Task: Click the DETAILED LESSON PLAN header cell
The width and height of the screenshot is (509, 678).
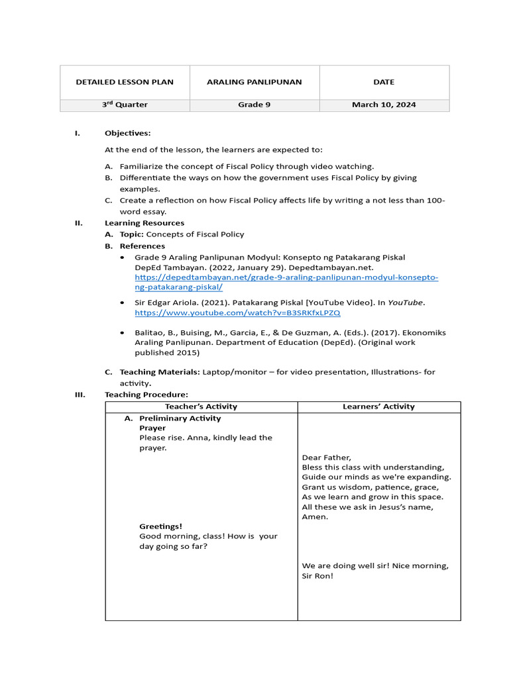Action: point(125,82)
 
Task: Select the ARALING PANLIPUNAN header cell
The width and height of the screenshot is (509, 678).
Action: point(254,82)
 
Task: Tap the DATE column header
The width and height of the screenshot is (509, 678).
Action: point(384,82)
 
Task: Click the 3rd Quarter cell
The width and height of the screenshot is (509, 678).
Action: point(125,105)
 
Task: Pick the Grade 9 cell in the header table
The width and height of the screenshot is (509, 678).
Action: point(254,105)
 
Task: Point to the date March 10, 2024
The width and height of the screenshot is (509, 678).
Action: point(384,105)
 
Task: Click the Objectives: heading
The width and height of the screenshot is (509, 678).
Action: point(127,133)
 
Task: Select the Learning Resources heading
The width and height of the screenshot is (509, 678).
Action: point(144,223)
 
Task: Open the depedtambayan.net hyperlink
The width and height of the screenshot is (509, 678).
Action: point(286,282)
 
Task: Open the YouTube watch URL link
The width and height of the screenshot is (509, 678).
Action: point(237,313)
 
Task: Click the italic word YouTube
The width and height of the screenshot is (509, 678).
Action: point(405,303)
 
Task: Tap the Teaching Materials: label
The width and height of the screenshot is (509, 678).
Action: point(160,372)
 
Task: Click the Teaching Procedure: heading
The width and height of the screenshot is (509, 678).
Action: point(146,395)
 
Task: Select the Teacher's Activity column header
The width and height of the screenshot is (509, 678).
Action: point(201,407)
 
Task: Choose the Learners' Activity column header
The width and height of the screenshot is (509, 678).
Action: point(378,407)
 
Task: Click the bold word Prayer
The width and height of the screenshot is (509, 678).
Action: point(152,428)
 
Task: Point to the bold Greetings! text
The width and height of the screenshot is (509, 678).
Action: point(160,526)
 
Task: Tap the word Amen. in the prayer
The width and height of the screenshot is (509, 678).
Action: point(315,516)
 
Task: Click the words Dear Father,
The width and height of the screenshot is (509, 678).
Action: point(326,458)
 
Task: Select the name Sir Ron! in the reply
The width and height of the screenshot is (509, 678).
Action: point(317,575)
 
